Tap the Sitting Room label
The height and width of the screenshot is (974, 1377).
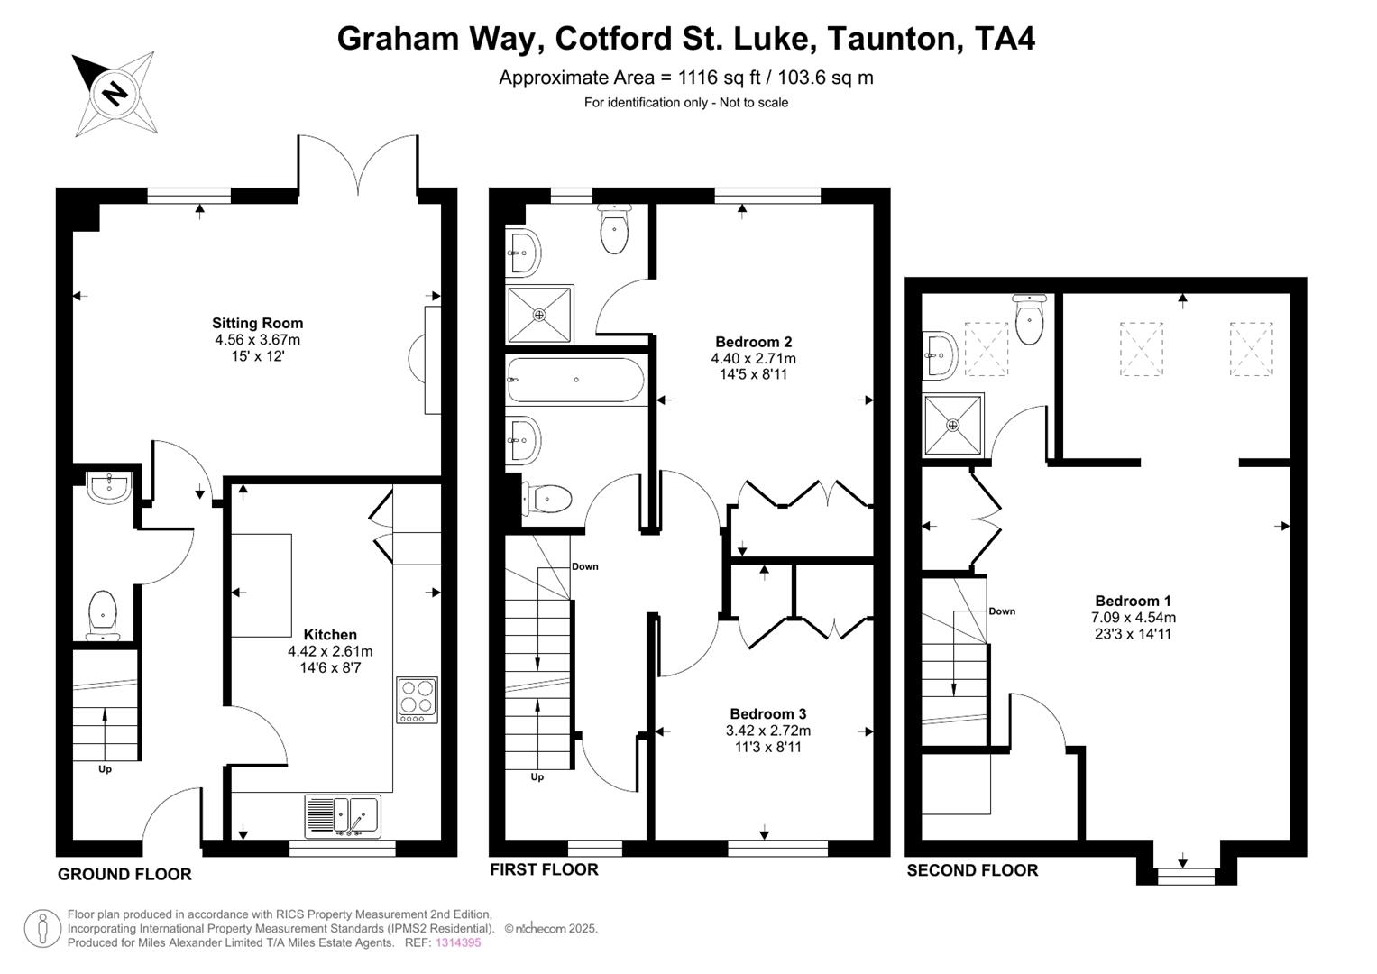pos(257,323)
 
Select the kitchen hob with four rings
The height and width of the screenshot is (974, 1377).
pos(417,699)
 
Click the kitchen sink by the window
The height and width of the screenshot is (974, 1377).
pos(343,815)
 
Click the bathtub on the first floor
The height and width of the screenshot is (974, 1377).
pos(575,381)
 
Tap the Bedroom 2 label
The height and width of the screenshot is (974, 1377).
pos(753,342)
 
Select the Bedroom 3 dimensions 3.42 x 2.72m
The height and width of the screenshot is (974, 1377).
pos(767,730)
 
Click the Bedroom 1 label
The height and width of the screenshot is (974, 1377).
pos(1133,602)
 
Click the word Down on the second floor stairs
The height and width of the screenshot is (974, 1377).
pos(1001,611)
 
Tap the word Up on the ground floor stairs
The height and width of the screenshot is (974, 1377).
pos(106,769)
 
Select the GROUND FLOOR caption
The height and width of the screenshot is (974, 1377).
pos(124,874)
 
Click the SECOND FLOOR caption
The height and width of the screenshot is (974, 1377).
pos(972,870)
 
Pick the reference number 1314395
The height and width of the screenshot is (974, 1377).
pos(458,942)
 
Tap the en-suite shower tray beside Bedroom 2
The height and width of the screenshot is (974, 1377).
pos(539,315)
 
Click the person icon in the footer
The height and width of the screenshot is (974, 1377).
pos(41,929)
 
